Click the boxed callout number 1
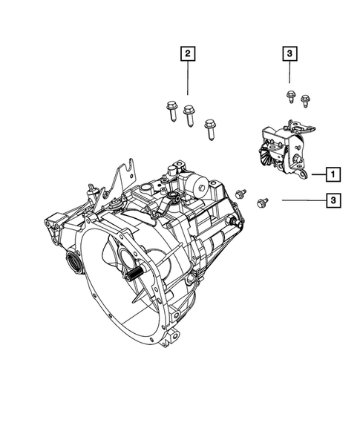[333, 175]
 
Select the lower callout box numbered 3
[335, 200]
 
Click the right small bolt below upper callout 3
[304, 97]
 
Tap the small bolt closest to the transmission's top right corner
[239, 194]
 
